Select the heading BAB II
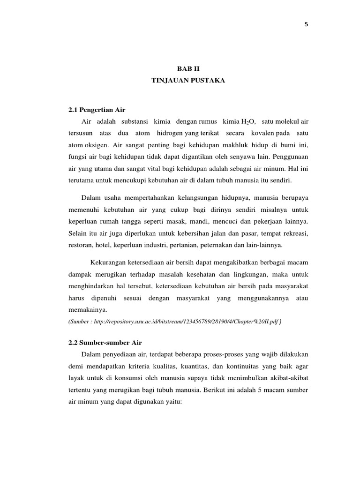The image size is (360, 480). click(x=187, y=68)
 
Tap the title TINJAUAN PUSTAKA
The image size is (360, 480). click(x=188, y=81)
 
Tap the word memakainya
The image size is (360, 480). click(x=88, y=309)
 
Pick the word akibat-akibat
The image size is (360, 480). click(x=289, y=377)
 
